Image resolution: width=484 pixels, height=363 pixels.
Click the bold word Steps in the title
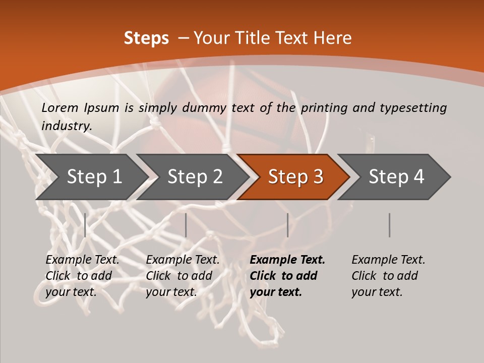pos(146,38)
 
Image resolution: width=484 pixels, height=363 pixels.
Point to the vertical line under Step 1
pos(85,225)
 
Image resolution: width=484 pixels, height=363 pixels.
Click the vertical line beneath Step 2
pos(186,225)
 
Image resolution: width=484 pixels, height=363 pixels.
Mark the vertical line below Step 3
pos(287,225)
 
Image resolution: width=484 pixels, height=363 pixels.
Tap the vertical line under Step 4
pos(389,225)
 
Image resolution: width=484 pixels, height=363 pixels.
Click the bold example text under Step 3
pos(287,276)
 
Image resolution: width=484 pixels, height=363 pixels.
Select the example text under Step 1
pos(82,276)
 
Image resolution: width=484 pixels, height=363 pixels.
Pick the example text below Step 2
pos(183,276)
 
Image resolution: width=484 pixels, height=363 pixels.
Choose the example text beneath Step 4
pos(388,276)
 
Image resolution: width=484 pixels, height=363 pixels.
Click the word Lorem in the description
pos(60,108)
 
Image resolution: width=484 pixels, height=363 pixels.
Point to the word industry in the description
pos(66,126)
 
